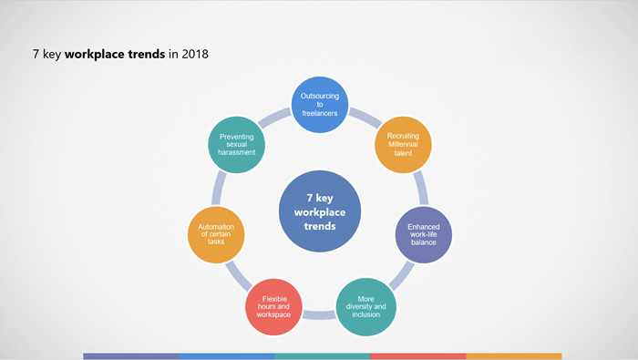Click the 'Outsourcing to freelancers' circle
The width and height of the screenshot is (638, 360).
pyautogui.click(x=320, y=105)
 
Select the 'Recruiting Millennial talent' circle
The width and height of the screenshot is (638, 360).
pyautogui.click(x=403, y=145)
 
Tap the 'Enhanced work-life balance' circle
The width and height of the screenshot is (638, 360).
pyautogui.click(x=424, y=235)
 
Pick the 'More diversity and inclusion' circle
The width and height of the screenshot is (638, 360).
pyautogui.click(x=365, y=307)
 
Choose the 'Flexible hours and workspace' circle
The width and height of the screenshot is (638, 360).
pyautogui.click(x=273, y=307)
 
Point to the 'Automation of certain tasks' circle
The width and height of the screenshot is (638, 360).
pyautogui.click(x=216, y=235)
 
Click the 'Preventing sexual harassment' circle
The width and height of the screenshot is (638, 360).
pyautogui.click(x=236, y=145)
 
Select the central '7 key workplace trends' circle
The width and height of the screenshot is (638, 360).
pyautogui.click(x=320, y=211)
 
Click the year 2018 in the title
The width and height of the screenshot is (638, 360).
pyautogui.click(x=195, y=54)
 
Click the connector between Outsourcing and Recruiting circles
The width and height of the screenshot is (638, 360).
pyautogui.click(x=365, y=118)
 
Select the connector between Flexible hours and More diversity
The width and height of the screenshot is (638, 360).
pyautogui.click(x=319, y=314)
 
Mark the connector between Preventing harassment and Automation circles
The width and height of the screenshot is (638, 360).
pyautogui.click(x=219, y=188)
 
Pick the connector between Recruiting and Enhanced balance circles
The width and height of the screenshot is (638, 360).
pyautogui.click(x=421, y=188)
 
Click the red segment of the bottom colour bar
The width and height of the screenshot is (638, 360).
pyautogui.click(x=417, y=356)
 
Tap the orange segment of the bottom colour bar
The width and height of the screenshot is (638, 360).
pyautogui.click(x=514, y=356)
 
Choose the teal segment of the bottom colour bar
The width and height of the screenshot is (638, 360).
pyautogui.click(x=323, y=356)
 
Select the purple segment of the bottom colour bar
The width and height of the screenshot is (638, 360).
pyautogui.click(x=131, y=356)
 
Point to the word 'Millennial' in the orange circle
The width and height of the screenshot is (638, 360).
pyautogui.click(x=403, y=144)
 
